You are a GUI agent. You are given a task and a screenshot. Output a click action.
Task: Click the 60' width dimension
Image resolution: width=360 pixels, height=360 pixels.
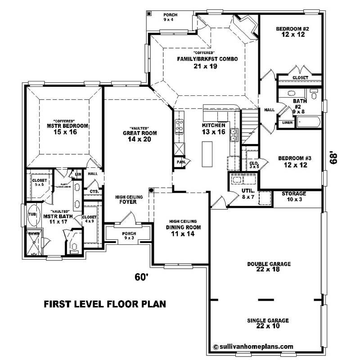tap(141, 277)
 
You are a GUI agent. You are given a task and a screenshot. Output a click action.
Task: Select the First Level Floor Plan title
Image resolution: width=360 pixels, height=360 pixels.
tap(104, 304)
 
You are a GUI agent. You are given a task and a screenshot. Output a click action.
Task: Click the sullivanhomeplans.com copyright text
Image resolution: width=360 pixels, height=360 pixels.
tap(253, 346)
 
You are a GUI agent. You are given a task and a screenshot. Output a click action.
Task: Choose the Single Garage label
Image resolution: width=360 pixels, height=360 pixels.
tap(268, 320)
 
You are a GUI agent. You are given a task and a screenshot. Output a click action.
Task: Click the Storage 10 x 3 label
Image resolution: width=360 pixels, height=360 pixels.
tap(294, 193)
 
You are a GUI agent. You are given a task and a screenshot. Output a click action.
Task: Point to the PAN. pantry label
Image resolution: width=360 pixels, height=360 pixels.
tap(181, 162)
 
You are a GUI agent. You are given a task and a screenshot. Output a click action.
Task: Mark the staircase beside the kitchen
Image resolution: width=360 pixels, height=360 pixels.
tap(250, 124)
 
